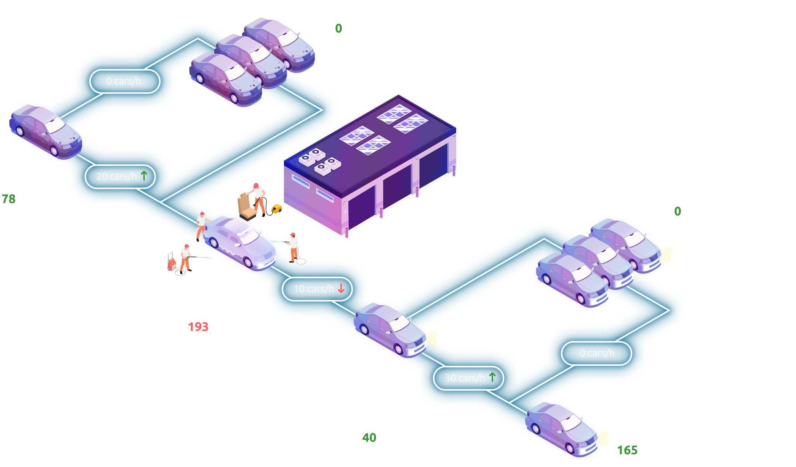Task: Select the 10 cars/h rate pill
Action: click(317, 289)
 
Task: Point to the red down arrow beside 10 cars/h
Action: click(341, 289)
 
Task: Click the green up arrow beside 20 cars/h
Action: click(144, 176)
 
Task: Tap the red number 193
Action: click(198, 327)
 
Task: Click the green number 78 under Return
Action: click(9, 199)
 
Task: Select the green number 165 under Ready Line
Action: click(627, 450)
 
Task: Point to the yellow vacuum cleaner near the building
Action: click(277, 209)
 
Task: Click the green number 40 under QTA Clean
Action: click(369, 438)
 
